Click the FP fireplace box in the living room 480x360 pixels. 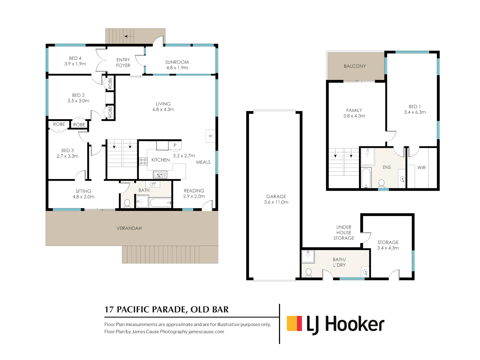point(210,136)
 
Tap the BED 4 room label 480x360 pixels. point(75,58)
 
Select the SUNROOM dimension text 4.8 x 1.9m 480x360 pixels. point(177,68)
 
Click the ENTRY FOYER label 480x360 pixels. point(123,63)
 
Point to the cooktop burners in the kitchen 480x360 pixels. point(143,162)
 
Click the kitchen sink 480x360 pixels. point(160,174)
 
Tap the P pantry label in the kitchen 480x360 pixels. point(175,145)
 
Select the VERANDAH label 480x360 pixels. point(129,228)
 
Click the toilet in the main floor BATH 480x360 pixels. point(127,203)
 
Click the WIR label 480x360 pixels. point(421,168)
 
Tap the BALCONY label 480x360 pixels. point(355,66)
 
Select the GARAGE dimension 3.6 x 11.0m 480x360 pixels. point(276,202)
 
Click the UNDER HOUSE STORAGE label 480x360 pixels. point(344,233)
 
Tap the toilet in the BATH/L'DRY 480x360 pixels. point(309,273)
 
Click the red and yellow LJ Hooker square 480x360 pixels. point(294,323)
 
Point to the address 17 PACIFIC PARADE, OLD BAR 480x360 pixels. point(166,309)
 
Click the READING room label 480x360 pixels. point(194,191)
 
